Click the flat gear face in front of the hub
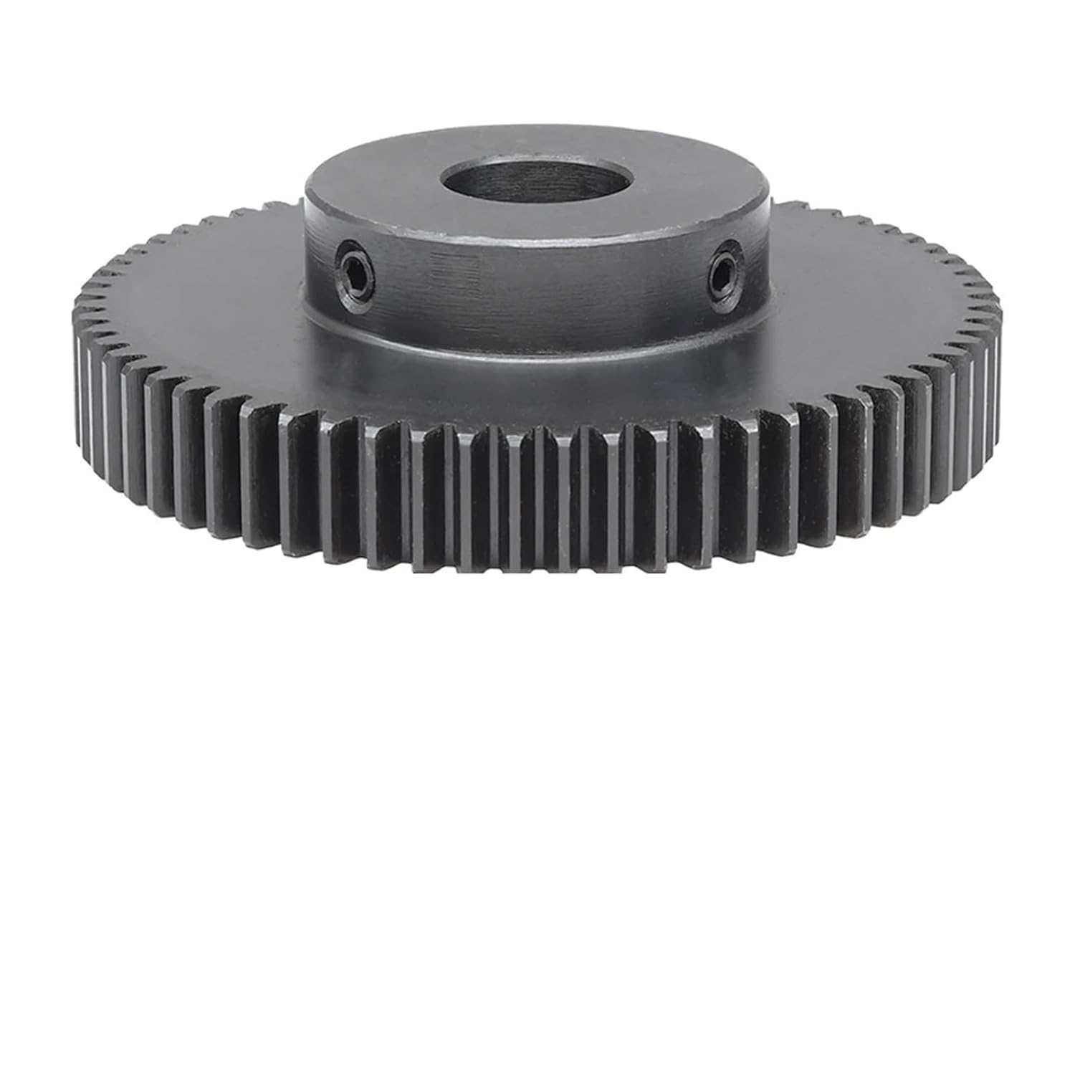click(x=537, y=391)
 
